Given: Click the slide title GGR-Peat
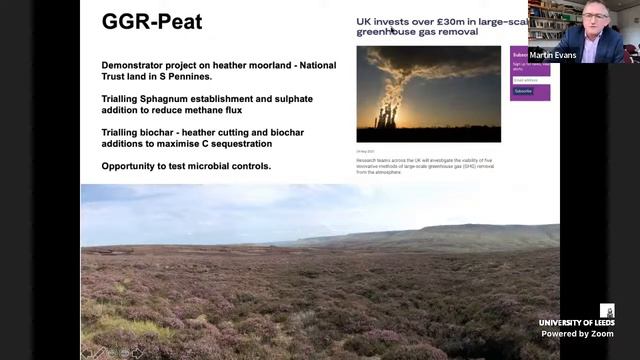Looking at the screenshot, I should (x=152, y=21).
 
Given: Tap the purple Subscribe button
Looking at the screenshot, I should (x=523, y=91).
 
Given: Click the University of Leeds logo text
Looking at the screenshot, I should (x=576, y=323).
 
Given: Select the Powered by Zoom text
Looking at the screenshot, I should (x=578, y=333).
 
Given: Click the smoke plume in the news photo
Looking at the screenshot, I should (x=440, y=65).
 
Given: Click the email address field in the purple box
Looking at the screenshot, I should (x=529, y=79).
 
